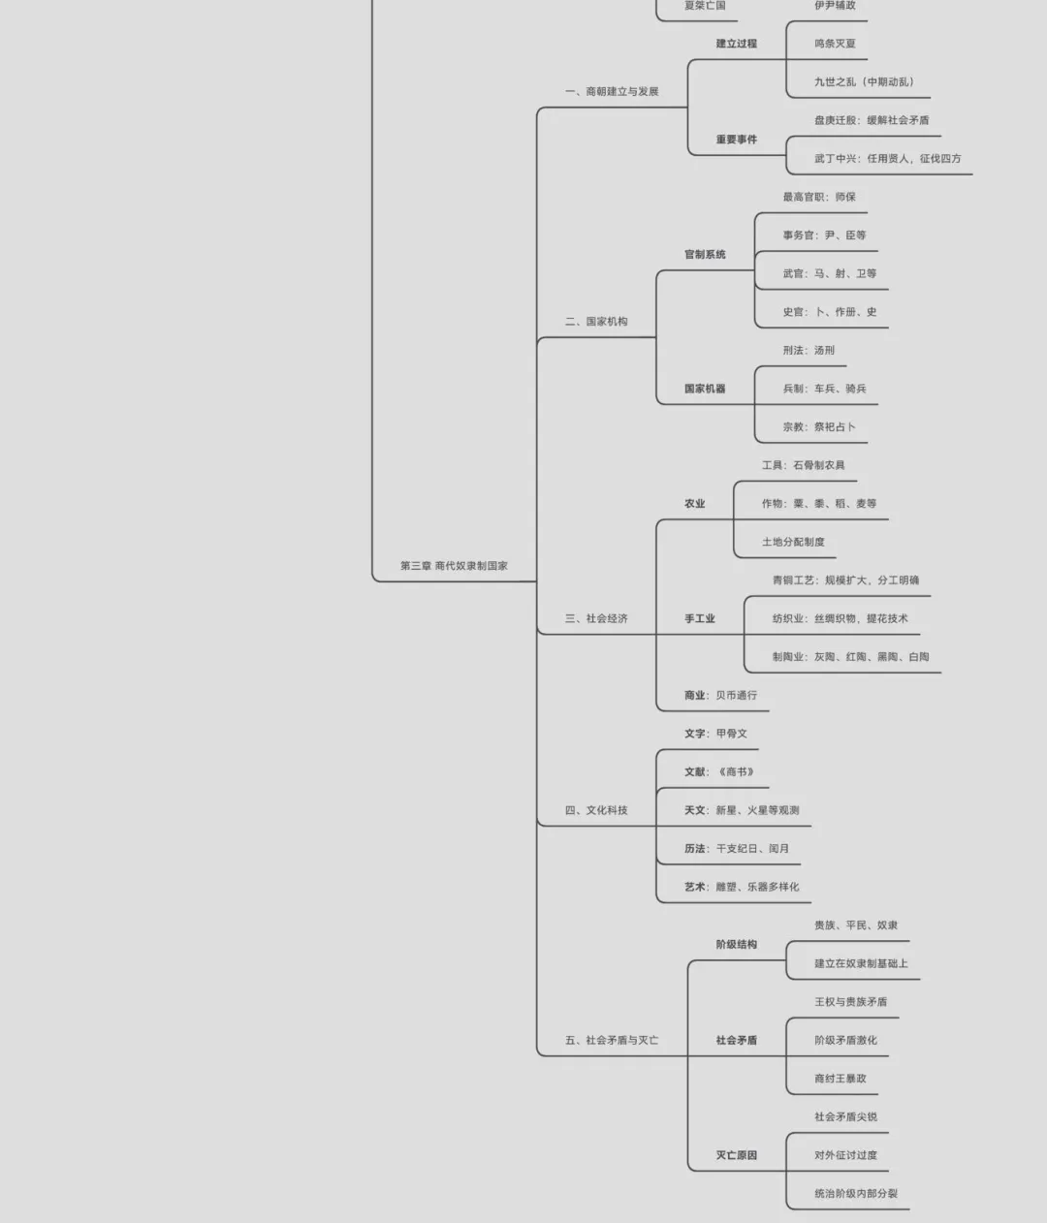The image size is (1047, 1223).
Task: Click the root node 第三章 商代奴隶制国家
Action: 454,566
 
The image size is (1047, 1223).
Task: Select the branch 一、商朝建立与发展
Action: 612,92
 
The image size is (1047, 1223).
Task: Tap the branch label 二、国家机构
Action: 596,322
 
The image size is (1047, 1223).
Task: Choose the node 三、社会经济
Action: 596,618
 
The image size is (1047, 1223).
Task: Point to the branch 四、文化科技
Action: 596,810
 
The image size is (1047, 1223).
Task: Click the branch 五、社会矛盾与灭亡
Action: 612,1041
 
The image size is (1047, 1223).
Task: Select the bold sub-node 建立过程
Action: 736,44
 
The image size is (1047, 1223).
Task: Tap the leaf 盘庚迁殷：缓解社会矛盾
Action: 872,120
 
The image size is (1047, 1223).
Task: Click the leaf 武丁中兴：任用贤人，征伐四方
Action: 887,159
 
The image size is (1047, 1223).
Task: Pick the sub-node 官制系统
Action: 705,255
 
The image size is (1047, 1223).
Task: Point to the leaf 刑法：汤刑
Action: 809,351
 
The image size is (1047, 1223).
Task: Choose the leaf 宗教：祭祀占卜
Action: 819,427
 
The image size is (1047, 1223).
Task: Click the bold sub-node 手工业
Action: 700,618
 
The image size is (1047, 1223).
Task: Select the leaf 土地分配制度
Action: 793,543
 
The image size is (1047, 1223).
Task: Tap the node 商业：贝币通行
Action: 720,696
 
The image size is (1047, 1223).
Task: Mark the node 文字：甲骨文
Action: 715,734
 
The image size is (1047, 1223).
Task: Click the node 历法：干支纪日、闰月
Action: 736,849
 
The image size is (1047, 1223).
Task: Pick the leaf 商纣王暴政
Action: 841,1079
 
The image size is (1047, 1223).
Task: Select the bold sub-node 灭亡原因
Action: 736,1155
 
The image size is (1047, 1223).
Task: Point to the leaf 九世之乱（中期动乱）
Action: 864,82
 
